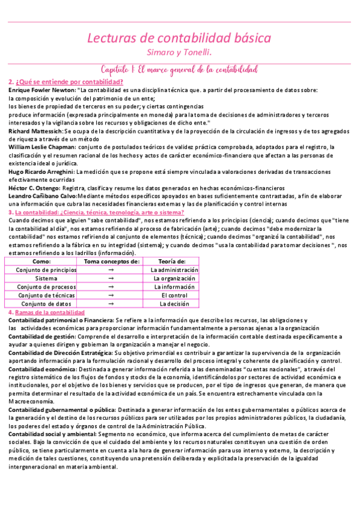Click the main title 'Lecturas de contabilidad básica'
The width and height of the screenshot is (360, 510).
click(x=179, y=39)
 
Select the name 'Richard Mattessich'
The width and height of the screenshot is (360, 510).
click(x=35, y=131)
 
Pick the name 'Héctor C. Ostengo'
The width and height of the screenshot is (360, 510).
click(x=34, y=188)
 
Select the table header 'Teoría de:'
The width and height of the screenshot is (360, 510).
click(x=172, y=262)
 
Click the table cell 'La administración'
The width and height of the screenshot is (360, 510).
click(x=174, y=270)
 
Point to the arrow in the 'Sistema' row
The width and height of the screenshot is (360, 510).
click(x=111, y=278)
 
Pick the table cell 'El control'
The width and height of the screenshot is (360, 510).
click(x=174, y=295)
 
